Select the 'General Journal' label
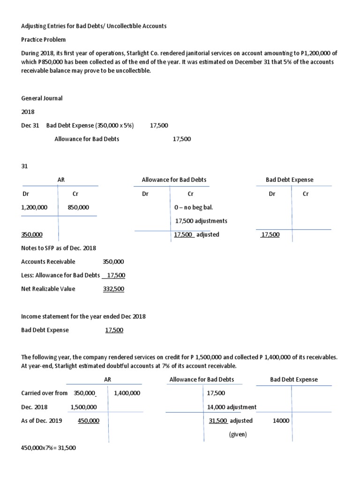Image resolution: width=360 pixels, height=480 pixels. (x=42, y=98)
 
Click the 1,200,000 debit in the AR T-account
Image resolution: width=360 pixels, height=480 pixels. (x=34, y=207)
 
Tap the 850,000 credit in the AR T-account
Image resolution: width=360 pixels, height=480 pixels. (x=79, y=207)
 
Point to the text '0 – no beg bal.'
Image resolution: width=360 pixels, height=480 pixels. (x=194, y=207)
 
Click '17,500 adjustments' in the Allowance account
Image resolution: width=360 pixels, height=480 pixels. (x=201, y=221)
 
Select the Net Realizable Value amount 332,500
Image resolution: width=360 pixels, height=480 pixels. (x=113, y=289)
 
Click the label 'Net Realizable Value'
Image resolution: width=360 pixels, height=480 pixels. (x=48, y=289)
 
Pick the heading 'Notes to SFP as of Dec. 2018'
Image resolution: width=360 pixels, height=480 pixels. (x=59, y=248)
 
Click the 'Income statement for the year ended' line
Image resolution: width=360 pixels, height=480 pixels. (x=83, y=316)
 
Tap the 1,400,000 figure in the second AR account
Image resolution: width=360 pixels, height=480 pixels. (x=127, y=393)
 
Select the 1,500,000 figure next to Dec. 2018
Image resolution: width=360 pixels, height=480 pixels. (x=84, y=407)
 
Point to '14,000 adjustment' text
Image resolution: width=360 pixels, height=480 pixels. (x=232, y=407)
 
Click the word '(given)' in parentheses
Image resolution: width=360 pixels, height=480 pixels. (x=238, y=435)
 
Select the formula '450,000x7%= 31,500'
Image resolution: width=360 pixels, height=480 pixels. (x=49, y=448)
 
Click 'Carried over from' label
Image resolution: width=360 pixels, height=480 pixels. (x=45, y=393)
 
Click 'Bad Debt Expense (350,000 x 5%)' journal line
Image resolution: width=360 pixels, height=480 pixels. (x=90, y=126)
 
